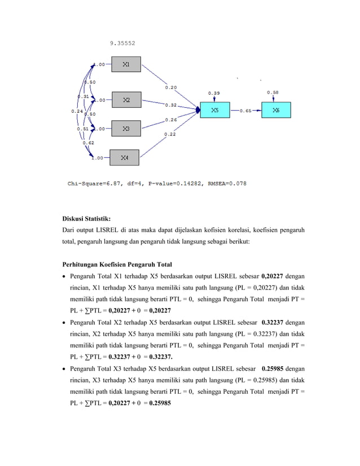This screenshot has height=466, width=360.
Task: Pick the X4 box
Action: pos(124,158)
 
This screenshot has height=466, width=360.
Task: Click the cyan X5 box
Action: pos(215,110)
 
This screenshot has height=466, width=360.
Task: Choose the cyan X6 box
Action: pos(275,110)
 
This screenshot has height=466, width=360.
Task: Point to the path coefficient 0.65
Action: pos(245,111)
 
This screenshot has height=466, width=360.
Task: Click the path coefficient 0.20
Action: pos(170,87)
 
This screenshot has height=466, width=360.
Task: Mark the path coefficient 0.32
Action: pos(170,105)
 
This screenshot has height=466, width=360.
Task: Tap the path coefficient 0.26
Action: pos(170,120)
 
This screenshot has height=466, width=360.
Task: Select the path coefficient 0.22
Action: pos(169,134)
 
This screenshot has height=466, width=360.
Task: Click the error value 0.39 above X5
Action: pos(214,92)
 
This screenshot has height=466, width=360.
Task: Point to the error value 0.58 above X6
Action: pos(273,92)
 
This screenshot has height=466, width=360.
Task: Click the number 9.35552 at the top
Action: pos(122,42)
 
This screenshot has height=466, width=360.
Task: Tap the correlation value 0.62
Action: pos(88,143)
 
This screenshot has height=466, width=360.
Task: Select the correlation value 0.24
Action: pos(77,111)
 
